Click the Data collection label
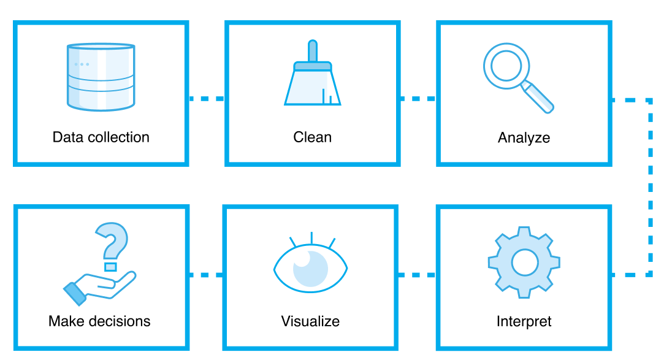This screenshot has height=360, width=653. tap(101, 137)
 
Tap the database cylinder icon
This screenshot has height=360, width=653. tap(100, 77)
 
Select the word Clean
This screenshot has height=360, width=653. tap(312, 137)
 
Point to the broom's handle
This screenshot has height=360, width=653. tap(313, 50)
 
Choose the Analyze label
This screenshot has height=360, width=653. tap(524, 137)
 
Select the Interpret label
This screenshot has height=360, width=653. tap(524, 321)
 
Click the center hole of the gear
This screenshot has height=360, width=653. tap(524, 262)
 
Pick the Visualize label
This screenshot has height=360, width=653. tap(310, 321)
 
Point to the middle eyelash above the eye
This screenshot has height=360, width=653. tap(311, 238)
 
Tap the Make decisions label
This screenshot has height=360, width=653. tap(99, 321)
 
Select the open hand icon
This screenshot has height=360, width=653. tap(101, 287)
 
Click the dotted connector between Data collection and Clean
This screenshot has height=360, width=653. tap(207, 98)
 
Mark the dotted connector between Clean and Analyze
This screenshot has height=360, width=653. tap(418, 98)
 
